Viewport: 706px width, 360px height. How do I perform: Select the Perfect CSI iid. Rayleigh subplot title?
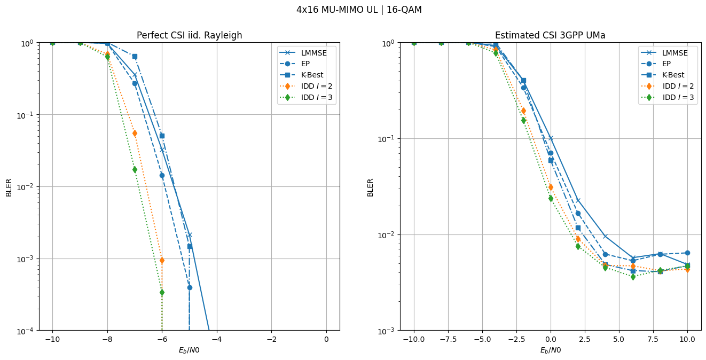coord(189,35)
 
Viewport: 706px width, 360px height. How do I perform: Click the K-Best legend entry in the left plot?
coord(309,75)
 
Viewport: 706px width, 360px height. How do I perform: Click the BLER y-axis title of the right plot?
coord(370,187)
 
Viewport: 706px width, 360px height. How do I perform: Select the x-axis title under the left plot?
coord(189,350)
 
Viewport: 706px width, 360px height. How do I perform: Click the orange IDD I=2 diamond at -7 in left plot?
coord(135,133)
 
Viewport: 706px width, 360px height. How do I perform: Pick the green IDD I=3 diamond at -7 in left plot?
coord(135,169)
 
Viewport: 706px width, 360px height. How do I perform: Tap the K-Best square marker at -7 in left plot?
coord(135,56)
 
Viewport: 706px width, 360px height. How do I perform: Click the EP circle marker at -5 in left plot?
coord(190,287)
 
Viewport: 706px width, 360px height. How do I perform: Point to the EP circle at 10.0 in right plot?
coord(687,253)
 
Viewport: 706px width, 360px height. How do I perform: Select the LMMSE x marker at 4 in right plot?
coord(605,236)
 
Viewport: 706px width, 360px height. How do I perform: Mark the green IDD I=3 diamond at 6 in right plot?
coord(633,277)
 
